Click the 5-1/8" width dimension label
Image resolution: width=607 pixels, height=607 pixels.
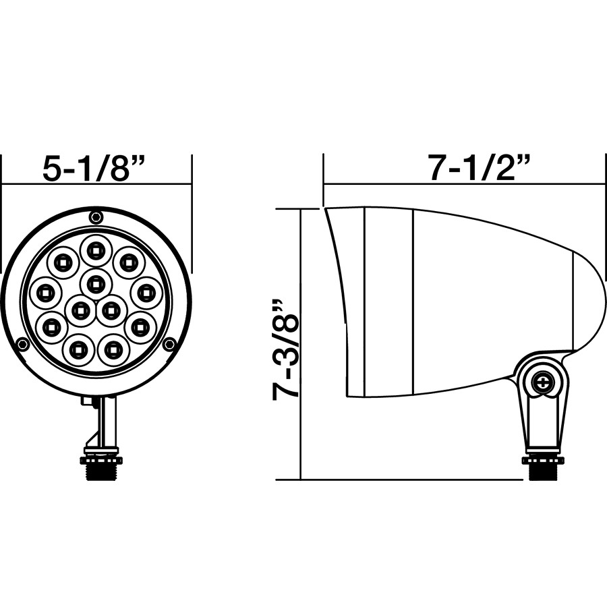(x=94, y=167)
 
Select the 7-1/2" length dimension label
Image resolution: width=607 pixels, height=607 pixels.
(x=480, y=167)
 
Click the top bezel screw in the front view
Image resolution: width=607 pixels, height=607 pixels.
(x=96, y=216)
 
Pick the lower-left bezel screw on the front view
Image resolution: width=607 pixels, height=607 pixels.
(x=23, y=345)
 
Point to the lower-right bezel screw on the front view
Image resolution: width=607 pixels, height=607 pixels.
(x=169, y=345)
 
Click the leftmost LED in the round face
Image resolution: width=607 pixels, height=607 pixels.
(x=46, y=293)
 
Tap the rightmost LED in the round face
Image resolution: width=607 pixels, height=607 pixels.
(x=146, y=293)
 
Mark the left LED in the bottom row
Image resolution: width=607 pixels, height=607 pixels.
(x=78, y=349)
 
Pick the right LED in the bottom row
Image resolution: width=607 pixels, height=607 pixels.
(x=113, y=349)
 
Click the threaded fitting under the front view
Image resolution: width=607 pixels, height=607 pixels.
(x=101, y=467)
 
